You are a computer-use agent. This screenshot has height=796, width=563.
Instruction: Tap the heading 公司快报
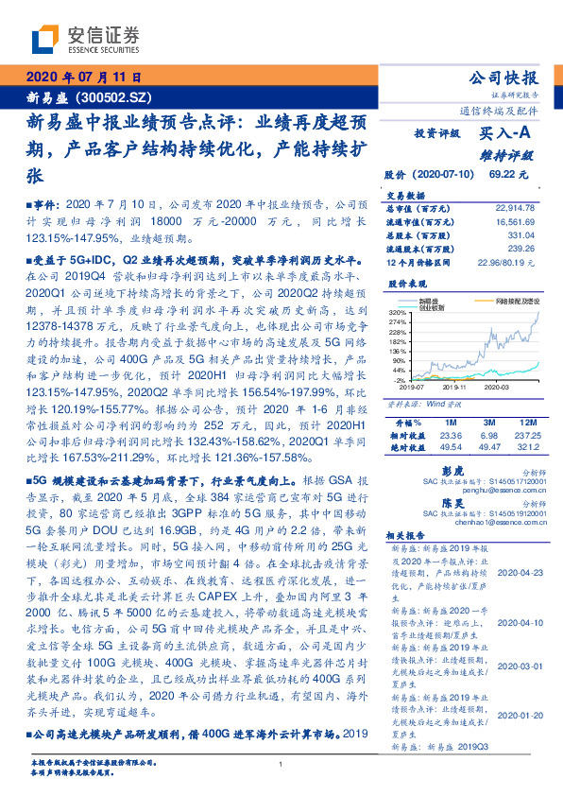[x=503, y=78]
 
